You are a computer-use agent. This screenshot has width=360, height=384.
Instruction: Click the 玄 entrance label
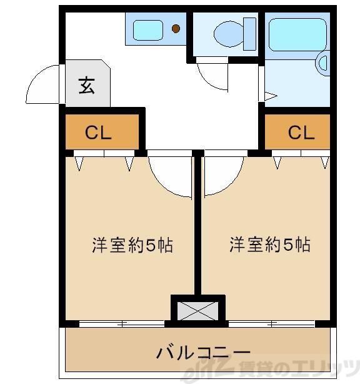coord(87,85)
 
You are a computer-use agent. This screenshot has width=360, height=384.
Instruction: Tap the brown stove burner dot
coord(176,29)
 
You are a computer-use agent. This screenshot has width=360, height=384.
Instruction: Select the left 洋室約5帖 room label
coord(132,245)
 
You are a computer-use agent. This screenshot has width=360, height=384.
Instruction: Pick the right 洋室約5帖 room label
coord(269,245)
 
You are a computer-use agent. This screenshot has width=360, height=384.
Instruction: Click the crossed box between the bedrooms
coord(197,309)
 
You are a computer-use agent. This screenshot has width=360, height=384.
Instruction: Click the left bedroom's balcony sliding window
coord(122,323)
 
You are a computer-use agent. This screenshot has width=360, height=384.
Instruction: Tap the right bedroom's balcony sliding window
coord(271,323)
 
